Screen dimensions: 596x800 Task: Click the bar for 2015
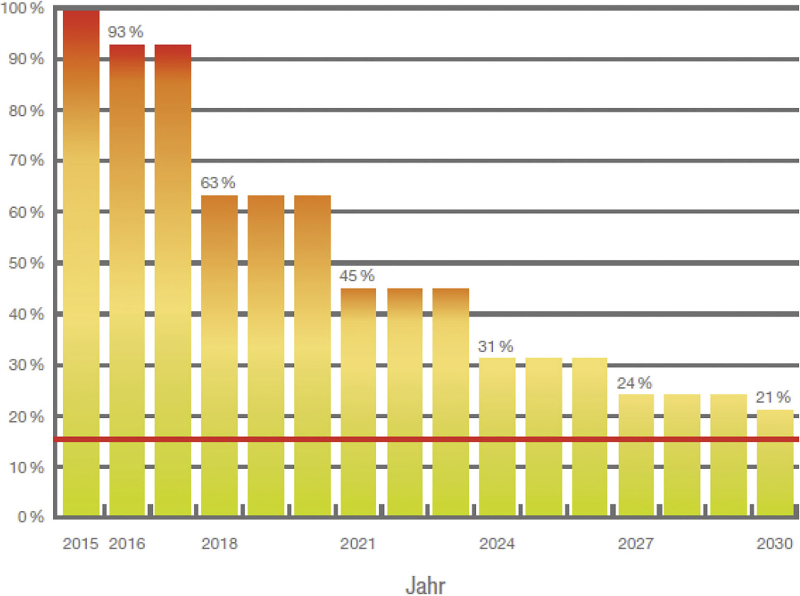81,262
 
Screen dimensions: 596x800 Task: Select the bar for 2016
127,280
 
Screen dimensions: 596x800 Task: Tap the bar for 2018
219,355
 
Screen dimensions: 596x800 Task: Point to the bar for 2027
636,455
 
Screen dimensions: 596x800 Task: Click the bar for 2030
775,462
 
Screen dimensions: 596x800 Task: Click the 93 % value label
125,32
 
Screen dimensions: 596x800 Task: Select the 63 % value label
218,183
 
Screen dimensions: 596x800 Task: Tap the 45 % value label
357,276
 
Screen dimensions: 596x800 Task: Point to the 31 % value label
495,346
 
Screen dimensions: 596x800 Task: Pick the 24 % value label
634,383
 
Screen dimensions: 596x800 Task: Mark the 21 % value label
773,398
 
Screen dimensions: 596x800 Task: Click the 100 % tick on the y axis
22,8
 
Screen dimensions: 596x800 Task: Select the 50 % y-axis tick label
26,263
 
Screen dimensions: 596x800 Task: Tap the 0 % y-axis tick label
30,517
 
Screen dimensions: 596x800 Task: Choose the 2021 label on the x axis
358,544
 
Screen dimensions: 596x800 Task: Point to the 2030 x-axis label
774,544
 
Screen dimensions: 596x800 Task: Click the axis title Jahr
425,586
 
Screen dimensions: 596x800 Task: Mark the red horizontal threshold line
425,440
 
